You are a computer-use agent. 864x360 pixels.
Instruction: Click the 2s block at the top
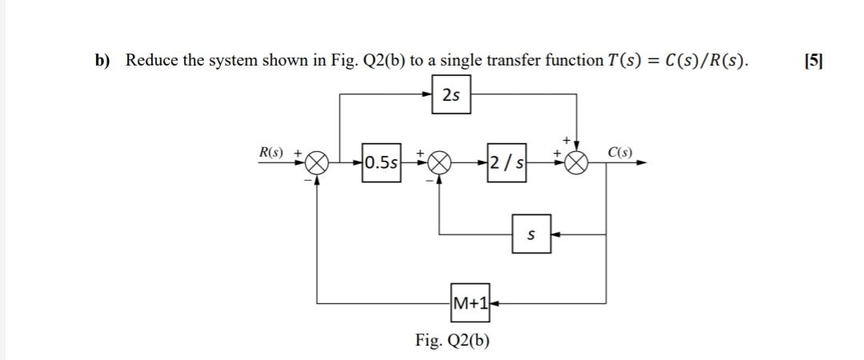click(x=451, y=95)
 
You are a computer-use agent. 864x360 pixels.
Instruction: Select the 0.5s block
click(x=381, y=163)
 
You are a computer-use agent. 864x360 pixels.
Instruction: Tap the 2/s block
click(x=507, y=163)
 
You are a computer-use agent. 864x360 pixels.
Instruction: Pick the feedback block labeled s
click(x=531, y=235)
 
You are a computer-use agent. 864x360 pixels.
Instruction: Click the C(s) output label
click(x=620, y=152)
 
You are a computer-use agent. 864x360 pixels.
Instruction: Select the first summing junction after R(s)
click(x=318, y=163)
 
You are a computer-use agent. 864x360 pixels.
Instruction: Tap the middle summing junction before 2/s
click(x=438, y=163)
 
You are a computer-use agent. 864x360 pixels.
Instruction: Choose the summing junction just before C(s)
click(x=578, y=163)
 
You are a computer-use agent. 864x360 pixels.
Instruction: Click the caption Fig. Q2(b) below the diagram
click(x=453, y=341)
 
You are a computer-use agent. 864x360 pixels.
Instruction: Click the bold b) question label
click(x=102, y=61)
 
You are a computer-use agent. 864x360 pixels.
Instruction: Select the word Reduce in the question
click(x=152, y=61)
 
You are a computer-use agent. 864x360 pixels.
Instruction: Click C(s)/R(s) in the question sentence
click(x=701, y=61)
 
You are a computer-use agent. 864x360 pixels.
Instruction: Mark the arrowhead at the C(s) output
click(x=642, y=163)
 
